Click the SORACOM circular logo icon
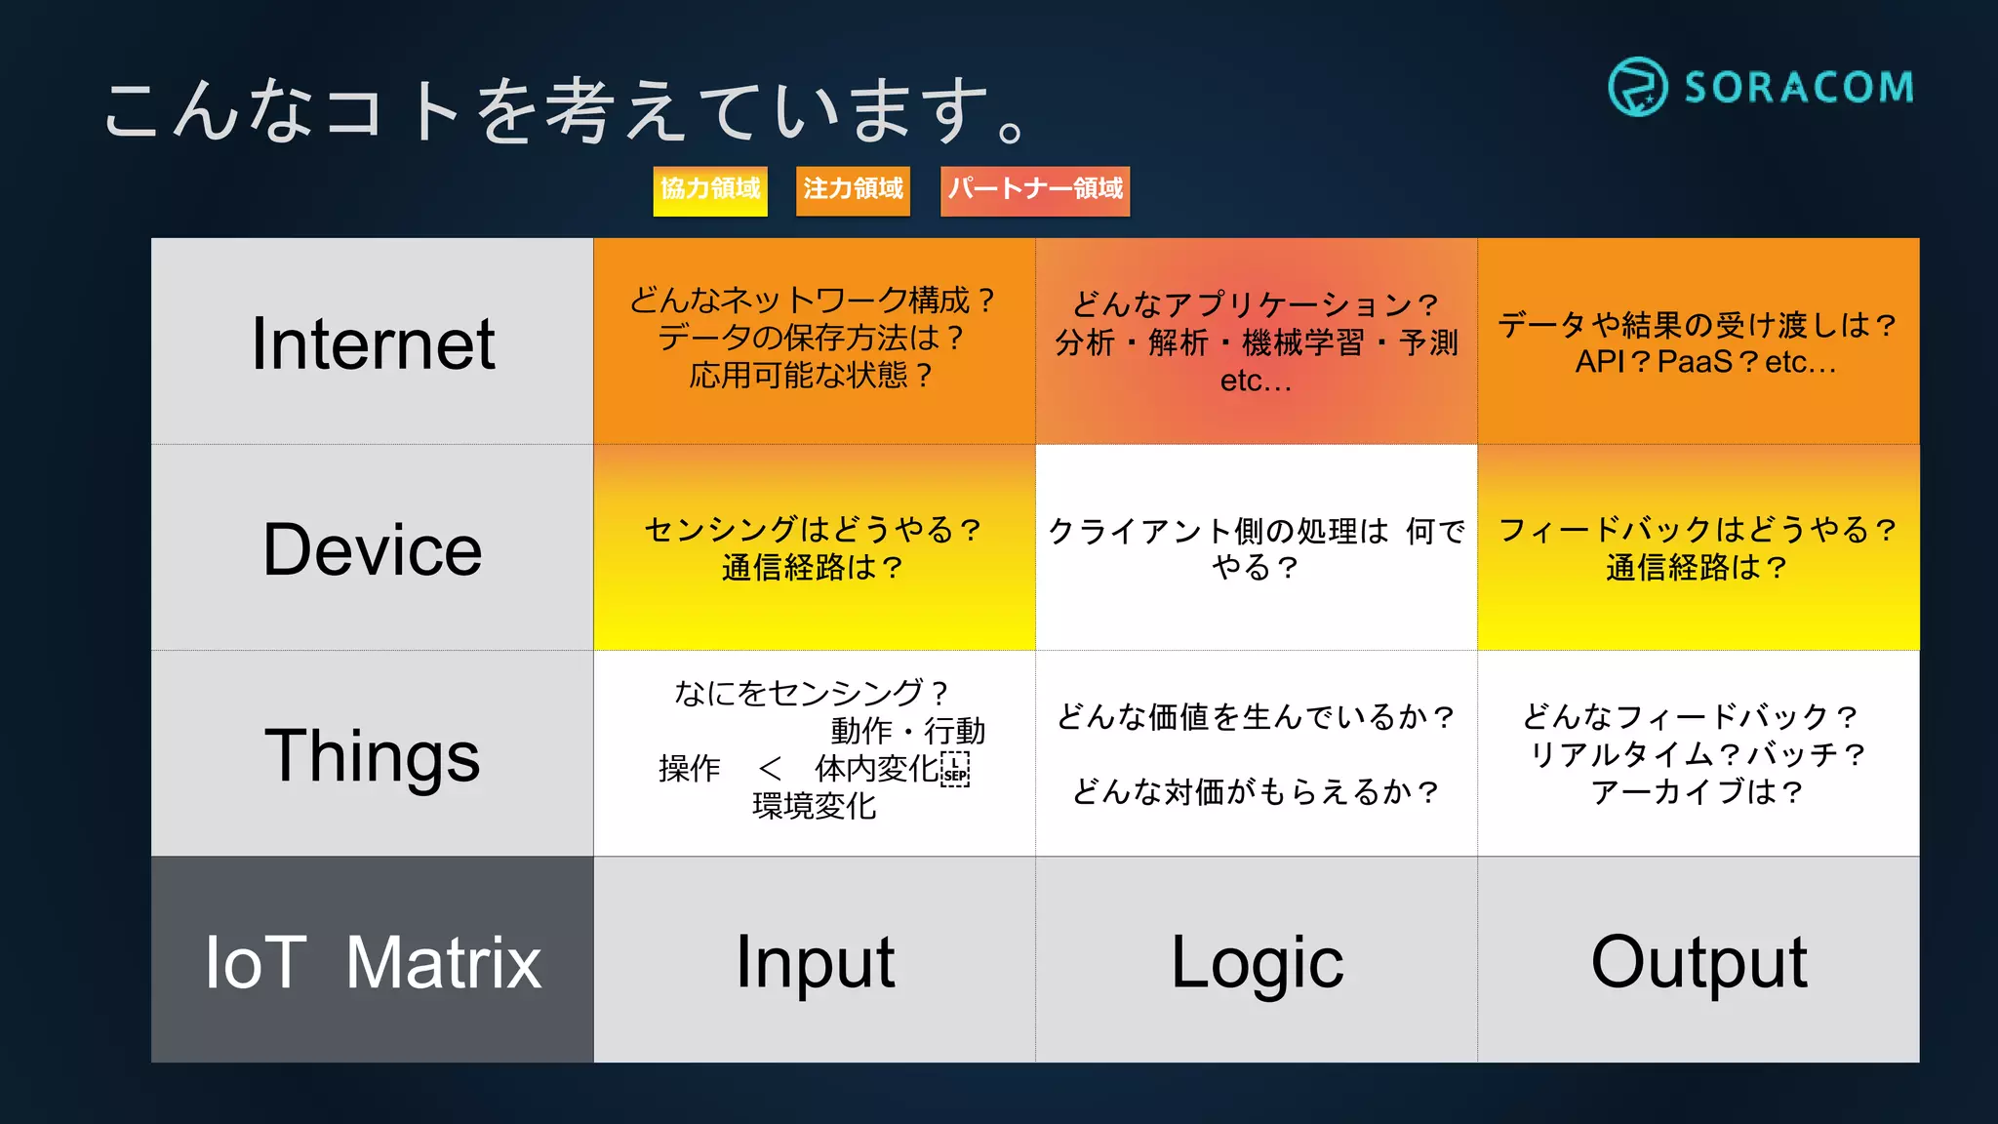(1637, 87)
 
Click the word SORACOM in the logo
(1799, 88)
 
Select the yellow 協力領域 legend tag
(710, 189)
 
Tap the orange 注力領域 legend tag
(853, 189)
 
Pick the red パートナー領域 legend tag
(1035, 189)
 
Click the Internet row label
(373, 343)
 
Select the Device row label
(373, 549)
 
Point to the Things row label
(373, 756)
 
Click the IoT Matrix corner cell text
(373, 963)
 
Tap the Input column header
(815, 963)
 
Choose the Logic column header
(1257, 963)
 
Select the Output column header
(1698, 963)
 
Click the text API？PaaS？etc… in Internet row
(1705, 362)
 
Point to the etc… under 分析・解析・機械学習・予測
(1256, 381)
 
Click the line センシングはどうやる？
(813, 530)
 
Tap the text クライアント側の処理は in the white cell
(1218, 532)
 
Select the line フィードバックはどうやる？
(1698, 530)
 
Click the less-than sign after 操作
(770, 769)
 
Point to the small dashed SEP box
(955, 770)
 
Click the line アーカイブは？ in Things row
(1698, 791)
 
